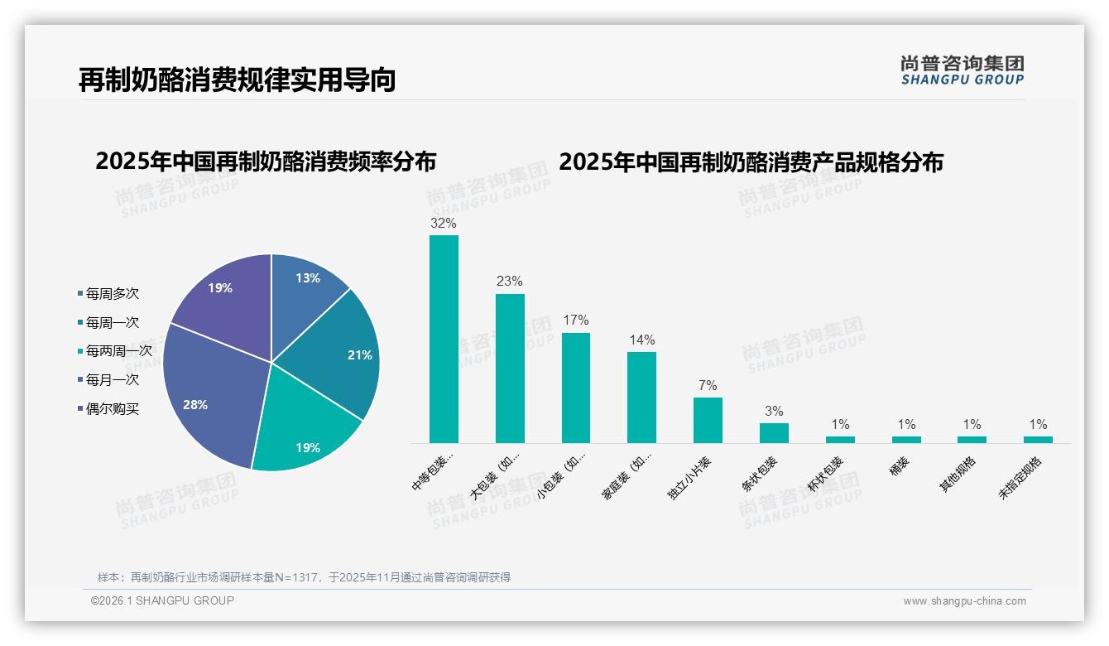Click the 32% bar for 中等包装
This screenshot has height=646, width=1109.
(x=444, y=339)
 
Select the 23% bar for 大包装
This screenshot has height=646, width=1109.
(x=510, y=368)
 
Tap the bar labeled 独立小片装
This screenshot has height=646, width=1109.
(x=708, y=420)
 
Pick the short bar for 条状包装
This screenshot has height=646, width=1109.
(x=774, y=433)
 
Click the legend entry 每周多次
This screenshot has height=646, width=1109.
(x=112, y=293)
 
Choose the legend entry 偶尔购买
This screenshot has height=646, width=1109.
(x=112, y=408)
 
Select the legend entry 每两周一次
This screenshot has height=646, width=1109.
(x=118, y=351)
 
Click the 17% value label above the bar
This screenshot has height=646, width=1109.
(x=575, y=320)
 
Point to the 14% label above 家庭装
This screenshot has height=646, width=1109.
(x=641, y=340)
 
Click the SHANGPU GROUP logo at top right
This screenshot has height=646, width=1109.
(x=962, y=70)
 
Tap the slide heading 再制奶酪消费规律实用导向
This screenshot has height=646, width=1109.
(x=237, y=80)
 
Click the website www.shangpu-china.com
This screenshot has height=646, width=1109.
(x=964, y=601)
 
